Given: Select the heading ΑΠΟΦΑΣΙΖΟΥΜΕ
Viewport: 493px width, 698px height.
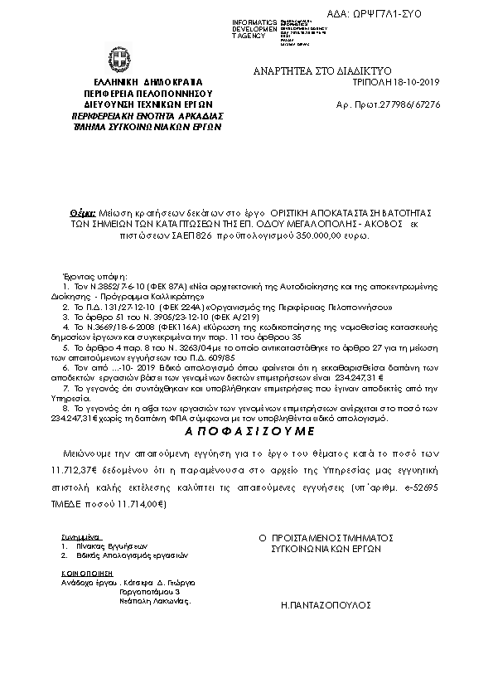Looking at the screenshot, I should point(246,432).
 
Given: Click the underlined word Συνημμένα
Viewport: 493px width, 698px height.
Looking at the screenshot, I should point(74,538).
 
